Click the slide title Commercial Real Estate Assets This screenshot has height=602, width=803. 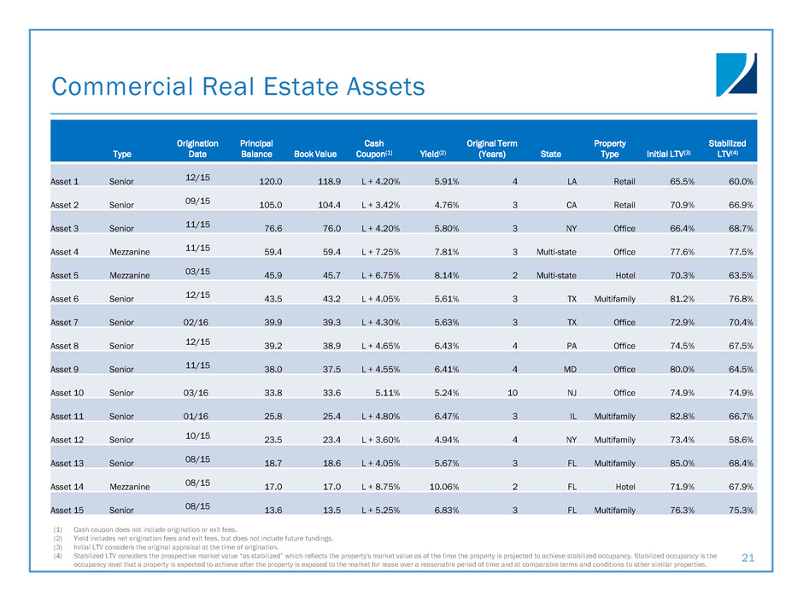point(238,86)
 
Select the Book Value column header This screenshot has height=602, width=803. point(315,155)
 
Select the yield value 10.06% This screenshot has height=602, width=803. point(448,487)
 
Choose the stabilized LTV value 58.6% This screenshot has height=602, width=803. point(737,440)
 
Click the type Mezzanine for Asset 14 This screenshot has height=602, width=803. point(130,487)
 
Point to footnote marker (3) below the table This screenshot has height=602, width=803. point(57,546)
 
